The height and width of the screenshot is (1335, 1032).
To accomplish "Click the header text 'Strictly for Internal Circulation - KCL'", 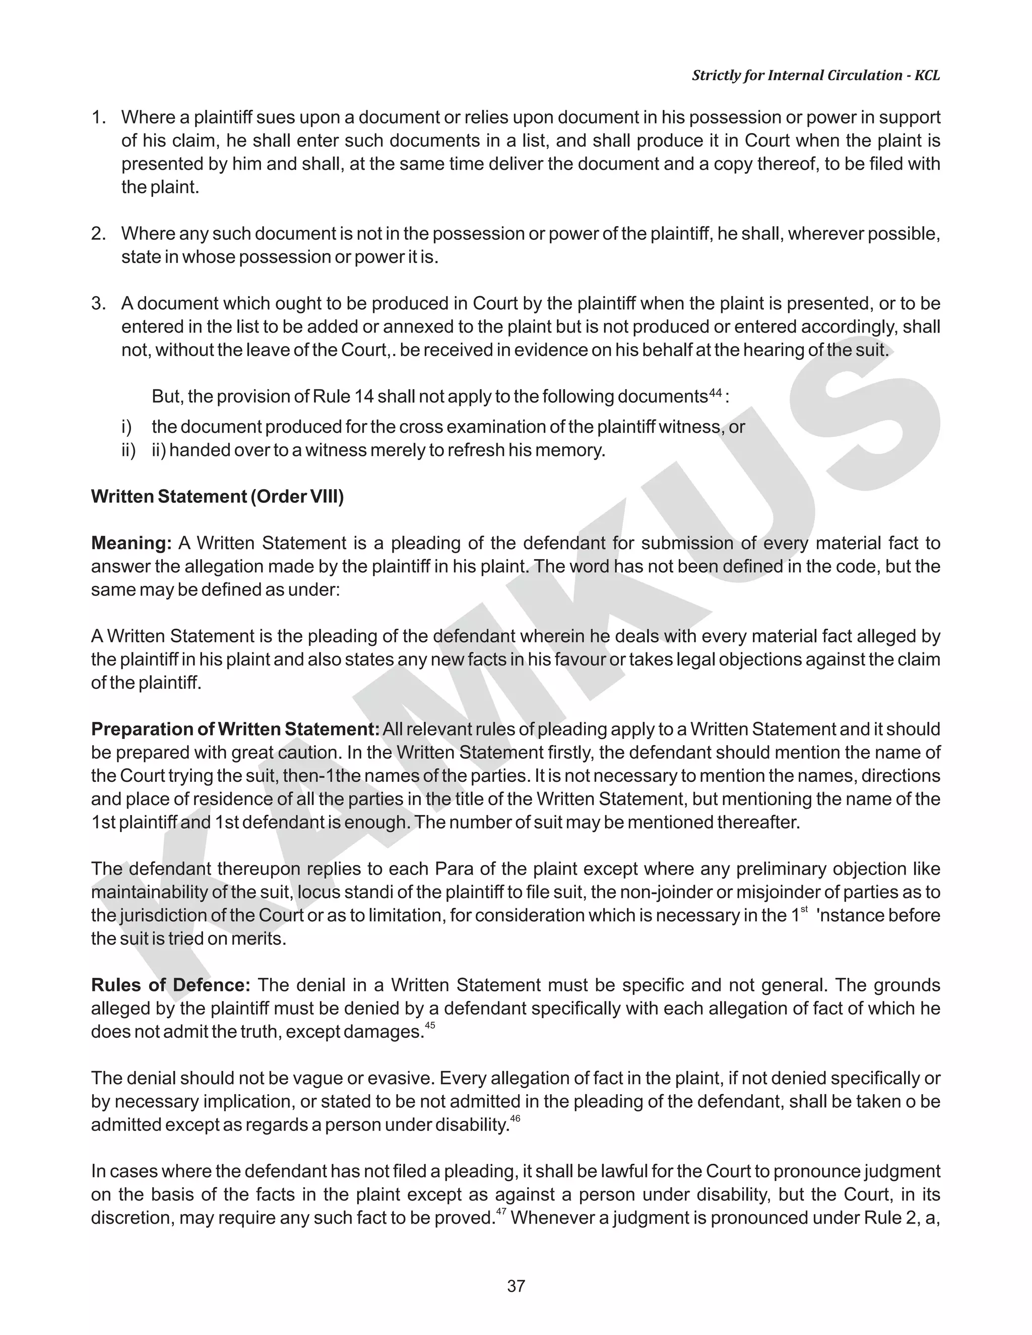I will tap(816, 76).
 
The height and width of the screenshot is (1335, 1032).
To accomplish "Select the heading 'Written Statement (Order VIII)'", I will tap(218, 496).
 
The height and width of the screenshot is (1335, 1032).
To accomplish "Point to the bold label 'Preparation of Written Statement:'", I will tap(235, 729).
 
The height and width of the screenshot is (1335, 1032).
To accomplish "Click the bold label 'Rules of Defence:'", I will tap(171, 985).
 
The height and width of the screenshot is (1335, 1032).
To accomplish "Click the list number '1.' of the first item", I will tap(99, 117).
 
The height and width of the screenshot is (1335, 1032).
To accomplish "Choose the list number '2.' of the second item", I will tap(99, 234).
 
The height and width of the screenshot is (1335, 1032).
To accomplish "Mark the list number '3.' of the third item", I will tap(99, 304).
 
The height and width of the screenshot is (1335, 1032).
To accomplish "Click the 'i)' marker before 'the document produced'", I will tap(126, 427).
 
